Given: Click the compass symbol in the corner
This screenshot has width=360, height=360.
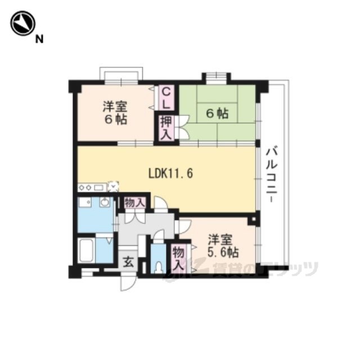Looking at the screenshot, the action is coord(22,23).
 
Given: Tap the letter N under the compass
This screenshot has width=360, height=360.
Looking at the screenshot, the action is coord(39,39).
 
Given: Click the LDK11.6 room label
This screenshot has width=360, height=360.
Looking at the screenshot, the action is coord(171,173).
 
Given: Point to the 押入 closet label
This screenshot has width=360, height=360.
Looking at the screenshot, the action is coord(166,128).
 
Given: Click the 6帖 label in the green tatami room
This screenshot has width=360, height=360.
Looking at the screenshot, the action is coord(217,113).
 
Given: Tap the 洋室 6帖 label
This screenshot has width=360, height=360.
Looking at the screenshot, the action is coord(115,112).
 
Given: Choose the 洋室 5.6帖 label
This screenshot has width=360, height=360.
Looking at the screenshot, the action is coord(223,246).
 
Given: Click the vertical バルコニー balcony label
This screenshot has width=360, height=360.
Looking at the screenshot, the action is coord(272,175).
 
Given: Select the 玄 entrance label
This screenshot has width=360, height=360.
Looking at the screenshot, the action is coord(128,262).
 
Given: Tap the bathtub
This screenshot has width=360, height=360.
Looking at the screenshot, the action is coord(87,250).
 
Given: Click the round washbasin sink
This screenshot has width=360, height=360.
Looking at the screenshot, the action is coord(105,202).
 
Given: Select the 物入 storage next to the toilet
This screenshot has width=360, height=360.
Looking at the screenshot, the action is coord(179,258).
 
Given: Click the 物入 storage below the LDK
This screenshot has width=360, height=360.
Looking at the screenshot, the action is coord(135,203).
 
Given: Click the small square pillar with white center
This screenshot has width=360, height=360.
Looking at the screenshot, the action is coord(253,219).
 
